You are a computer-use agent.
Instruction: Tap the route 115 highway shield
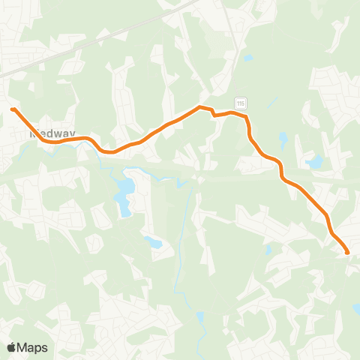pyautogui.click(x=240, y=102)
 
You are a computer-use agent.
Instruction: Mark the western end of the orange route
pyautogui.click(x=13, y=109)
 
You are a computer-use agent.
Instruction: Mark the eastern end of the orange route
pyautogui.click(x=347, y=253)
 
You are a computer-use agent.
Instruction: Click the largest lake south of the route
pyautogui.click(x=122, y=196)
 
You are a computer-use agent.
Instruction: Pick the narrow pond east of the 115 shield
pyautogui.click(x=282, y=140)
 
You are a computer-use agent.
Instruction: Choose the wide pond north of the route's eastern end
pyautogui.click(x=314, y=162)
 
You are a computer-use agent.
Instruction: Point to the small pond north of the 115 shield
pyautogui.click(x=247, y=58)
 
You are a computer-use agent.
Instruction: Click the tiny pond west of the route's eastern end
pyautogui.click(x=268, y=250)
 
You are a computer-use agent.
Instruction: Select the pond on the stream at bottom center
pyautogui.click(x=200, y=317)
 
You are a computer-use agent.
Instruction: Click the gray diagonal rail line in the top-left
pyautogui.click(x=97, y=37)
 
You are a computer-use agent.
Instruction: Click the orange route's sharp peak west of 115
pyautogui.click(x=200, y=107)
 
